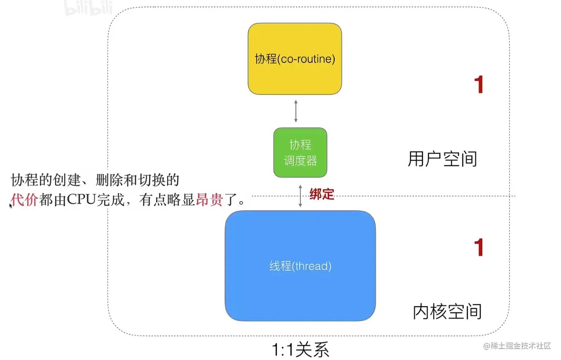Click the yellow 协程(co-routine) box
pos(295,59)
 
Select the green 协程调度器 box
pos(300,153)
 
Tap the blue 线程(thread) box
pos(300,266)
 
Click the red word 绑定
pos(322,194)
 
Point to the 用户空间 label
pos(442,159)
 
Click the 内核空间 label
pos(447,312)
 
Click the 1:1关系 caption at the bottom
pos(300,350)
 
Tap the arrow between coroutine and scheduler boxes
pos(296,111)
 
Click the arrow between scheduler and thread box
pos(300,195)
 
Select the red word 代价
pos(25,199)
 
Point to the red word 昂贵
pos(209,199)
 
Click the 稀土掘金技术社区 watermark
pos(517,346)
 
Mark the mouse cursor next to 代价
pos(11,205)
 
